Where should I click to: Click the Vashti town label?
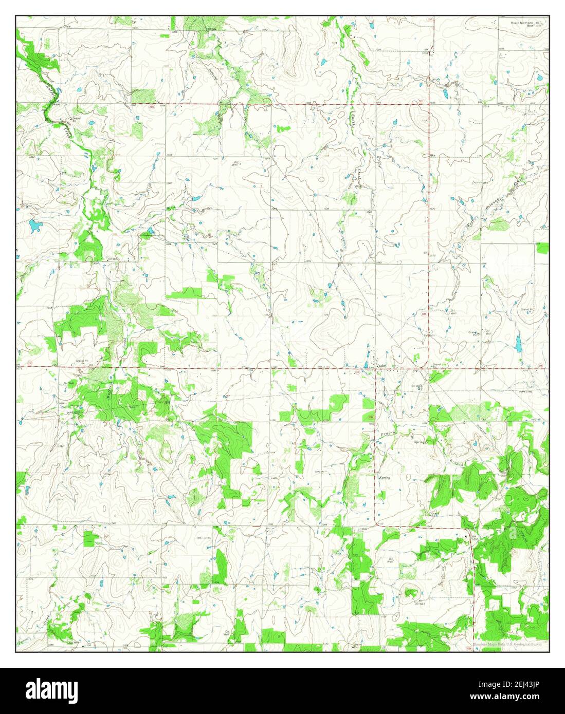pyautogui.click(x=381, y=366)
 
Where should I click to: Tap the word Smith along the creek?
pyautogui.click(x=354, y=122)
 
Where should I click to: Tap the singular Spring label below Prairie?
pyautogui.click(x=385, y=478)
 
